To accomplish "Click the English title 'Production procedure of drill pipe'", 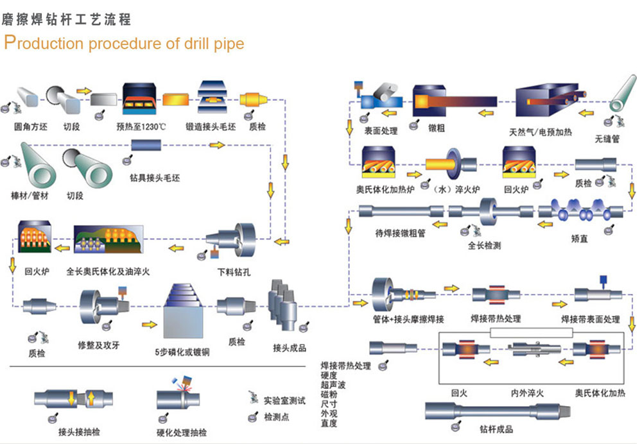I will (x=124, y=43).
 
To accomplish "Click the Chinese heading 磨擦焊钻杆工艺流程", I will (x=67, y=19).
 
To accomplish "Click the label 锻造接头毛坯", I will (x=211, y=126).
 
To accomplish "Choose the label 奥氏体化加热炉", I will (x=385, y=190).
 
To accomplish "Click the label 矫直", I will (x=579, y=239).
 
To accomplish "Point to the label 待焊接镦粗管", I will (x=401, y=234).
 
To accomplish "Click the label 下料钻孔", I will (x=234, y=272).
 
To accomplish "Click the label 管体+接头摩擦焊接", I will (x=409, y=319).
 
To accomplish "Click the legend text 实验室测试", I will (x=284, y=401).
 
